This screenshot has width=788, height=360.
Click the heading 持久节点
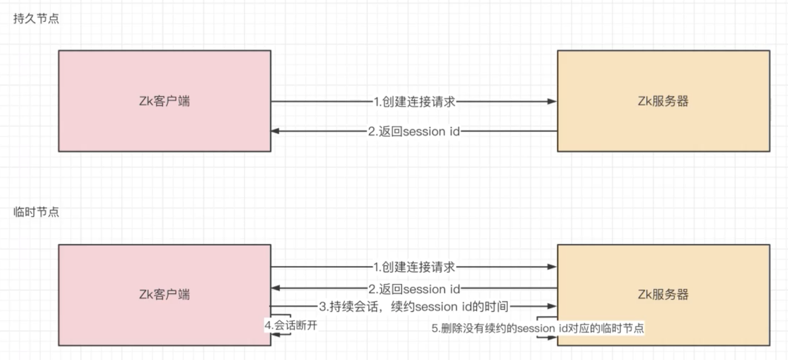36,18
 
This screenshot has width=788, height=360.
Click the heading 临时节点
36,212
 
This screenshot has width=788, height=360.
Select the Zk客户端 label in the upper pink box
165,101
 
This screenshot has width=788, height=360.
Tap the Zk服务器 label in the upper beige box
664,101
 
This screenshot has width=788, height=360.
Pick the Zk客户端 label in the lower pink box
165,294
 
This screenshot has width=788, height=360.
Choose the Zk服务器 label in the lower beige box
664,294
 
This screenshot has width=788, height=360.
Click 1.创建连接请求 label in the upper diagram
414,102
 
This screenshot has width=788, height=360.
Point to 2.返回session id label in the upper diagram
414,131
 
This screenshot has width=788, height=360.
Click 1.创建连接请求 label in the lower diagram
414,267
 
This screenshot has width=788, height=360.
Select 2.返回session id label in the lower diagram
414,289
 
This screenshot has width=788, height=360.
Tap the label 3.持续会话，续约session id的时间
414,306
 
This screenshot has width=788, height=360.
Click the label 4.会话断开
291,325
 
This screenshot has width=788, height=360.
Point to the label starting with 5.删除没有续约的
538,329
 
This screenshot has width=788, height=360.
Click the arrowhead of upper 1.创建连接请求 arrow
552,101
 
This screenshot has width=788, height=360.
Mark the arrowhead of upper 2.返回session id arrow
275,131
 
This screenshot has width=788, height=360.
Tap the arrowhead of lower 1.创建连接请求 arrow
552,267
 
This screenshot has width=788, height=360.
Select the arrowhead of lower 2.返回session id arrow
275,288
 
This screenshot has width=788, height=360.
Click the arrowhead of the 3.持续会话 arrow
552,306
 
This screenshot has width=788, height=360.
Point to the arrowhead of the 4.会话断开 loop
275,334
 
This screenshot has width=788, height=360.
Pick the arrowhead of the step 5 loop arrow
552,338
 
